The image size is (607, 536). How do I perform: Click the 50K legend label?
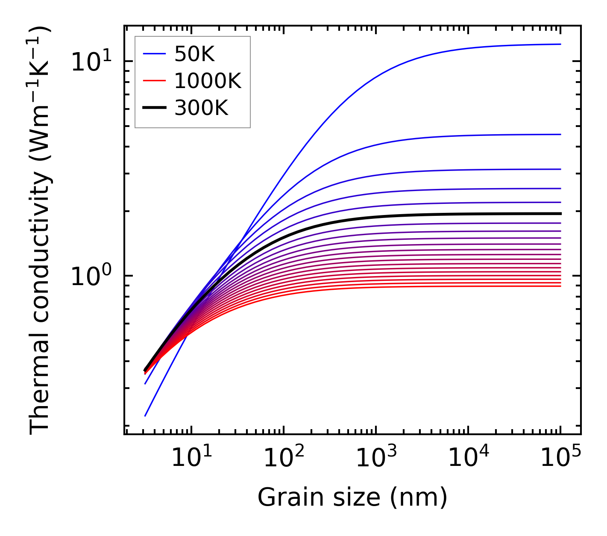coord(194,54)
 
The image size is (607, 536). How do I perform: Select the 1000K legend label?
coord(208,81)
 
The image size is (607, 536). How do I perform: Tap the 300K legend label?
coord(201,108)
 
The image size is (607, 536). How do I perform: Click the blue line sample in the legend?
coord(154,54)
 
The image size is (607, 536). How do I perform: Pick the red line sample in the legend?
coord(154,81)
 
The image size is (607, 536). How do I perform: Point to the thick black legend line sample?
coord(154,108)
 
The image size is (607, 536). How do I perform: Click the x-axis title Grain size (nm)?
coord(352,498)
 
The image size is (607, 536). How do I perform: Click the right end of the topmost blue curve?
coord(560,44)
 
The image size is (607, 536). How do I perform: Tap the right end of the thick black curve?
coord(560,213)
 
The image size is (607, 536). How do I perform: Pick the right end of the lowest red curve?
coord(560,286)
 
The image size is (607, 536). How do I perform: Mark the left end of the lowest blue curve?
coord(145,415)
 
